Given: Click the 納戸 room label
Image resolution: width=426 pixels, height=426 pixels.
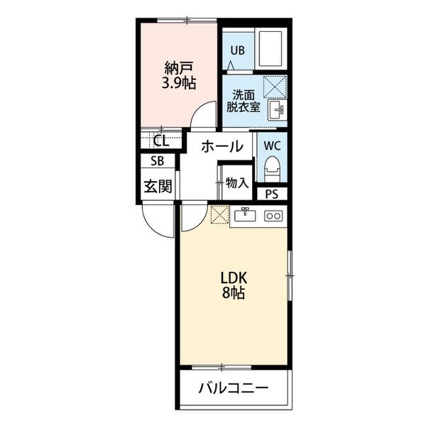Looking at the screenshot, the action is [179, 68].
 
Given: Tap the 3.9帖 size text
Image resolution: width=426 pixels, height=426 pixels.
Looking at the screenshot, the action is [179, 83].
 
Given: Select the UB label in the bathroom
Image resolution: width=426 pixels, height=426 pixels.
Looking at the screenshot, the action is [238, 50].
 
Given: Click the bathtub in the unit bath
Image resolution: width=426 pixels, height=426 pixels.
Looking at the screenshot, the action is [270, 50].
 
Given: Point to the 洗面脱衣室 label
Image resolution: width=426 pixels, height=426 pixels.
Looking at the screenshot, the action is [244, 101].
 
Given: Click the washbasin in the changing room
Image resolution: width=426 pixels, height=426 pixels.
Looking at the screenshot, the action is [276, 110].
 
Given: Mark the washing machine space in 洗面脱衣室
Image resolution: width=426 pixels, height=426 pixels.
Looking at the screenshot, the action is [275, 87].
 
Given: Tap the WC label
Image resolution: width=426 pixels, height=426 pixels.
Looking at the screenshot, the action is [272, 146].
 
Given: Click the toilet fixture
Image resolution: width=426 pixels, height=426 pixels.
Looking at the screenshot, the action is [272, 169].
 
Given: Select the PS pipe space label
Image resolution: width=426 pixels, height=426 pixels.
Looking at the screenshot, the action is [272, 194].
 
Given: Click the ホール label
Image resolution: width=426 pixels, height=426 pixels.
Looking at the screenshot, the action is [222, 147].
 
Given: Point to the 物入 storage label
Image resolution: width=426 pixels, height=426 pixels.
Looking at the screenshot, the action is [237, 183].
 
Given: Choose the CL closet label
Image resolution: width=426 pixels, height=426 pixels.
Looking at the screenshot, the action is [161, 141].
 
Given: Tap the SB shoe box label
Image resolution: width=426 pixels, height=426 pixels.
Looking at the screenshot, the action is [158, 161].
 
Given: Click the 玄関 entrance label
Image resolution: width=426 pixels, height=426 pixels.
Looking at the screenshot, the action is [158, 186].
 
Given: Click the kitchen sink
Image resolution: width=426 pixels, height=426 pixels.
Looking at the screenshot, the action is [246, 215].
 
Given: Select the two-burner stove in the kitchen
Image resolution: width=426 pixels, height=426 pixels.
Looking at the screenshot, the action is [273, 216].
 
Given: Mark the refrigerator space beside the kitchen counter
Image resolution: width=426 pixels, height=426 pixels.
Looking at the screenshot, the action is [220, 214].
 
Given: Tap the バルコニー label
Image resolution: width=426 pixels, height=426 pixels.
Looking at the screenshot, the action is [234, 388].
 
